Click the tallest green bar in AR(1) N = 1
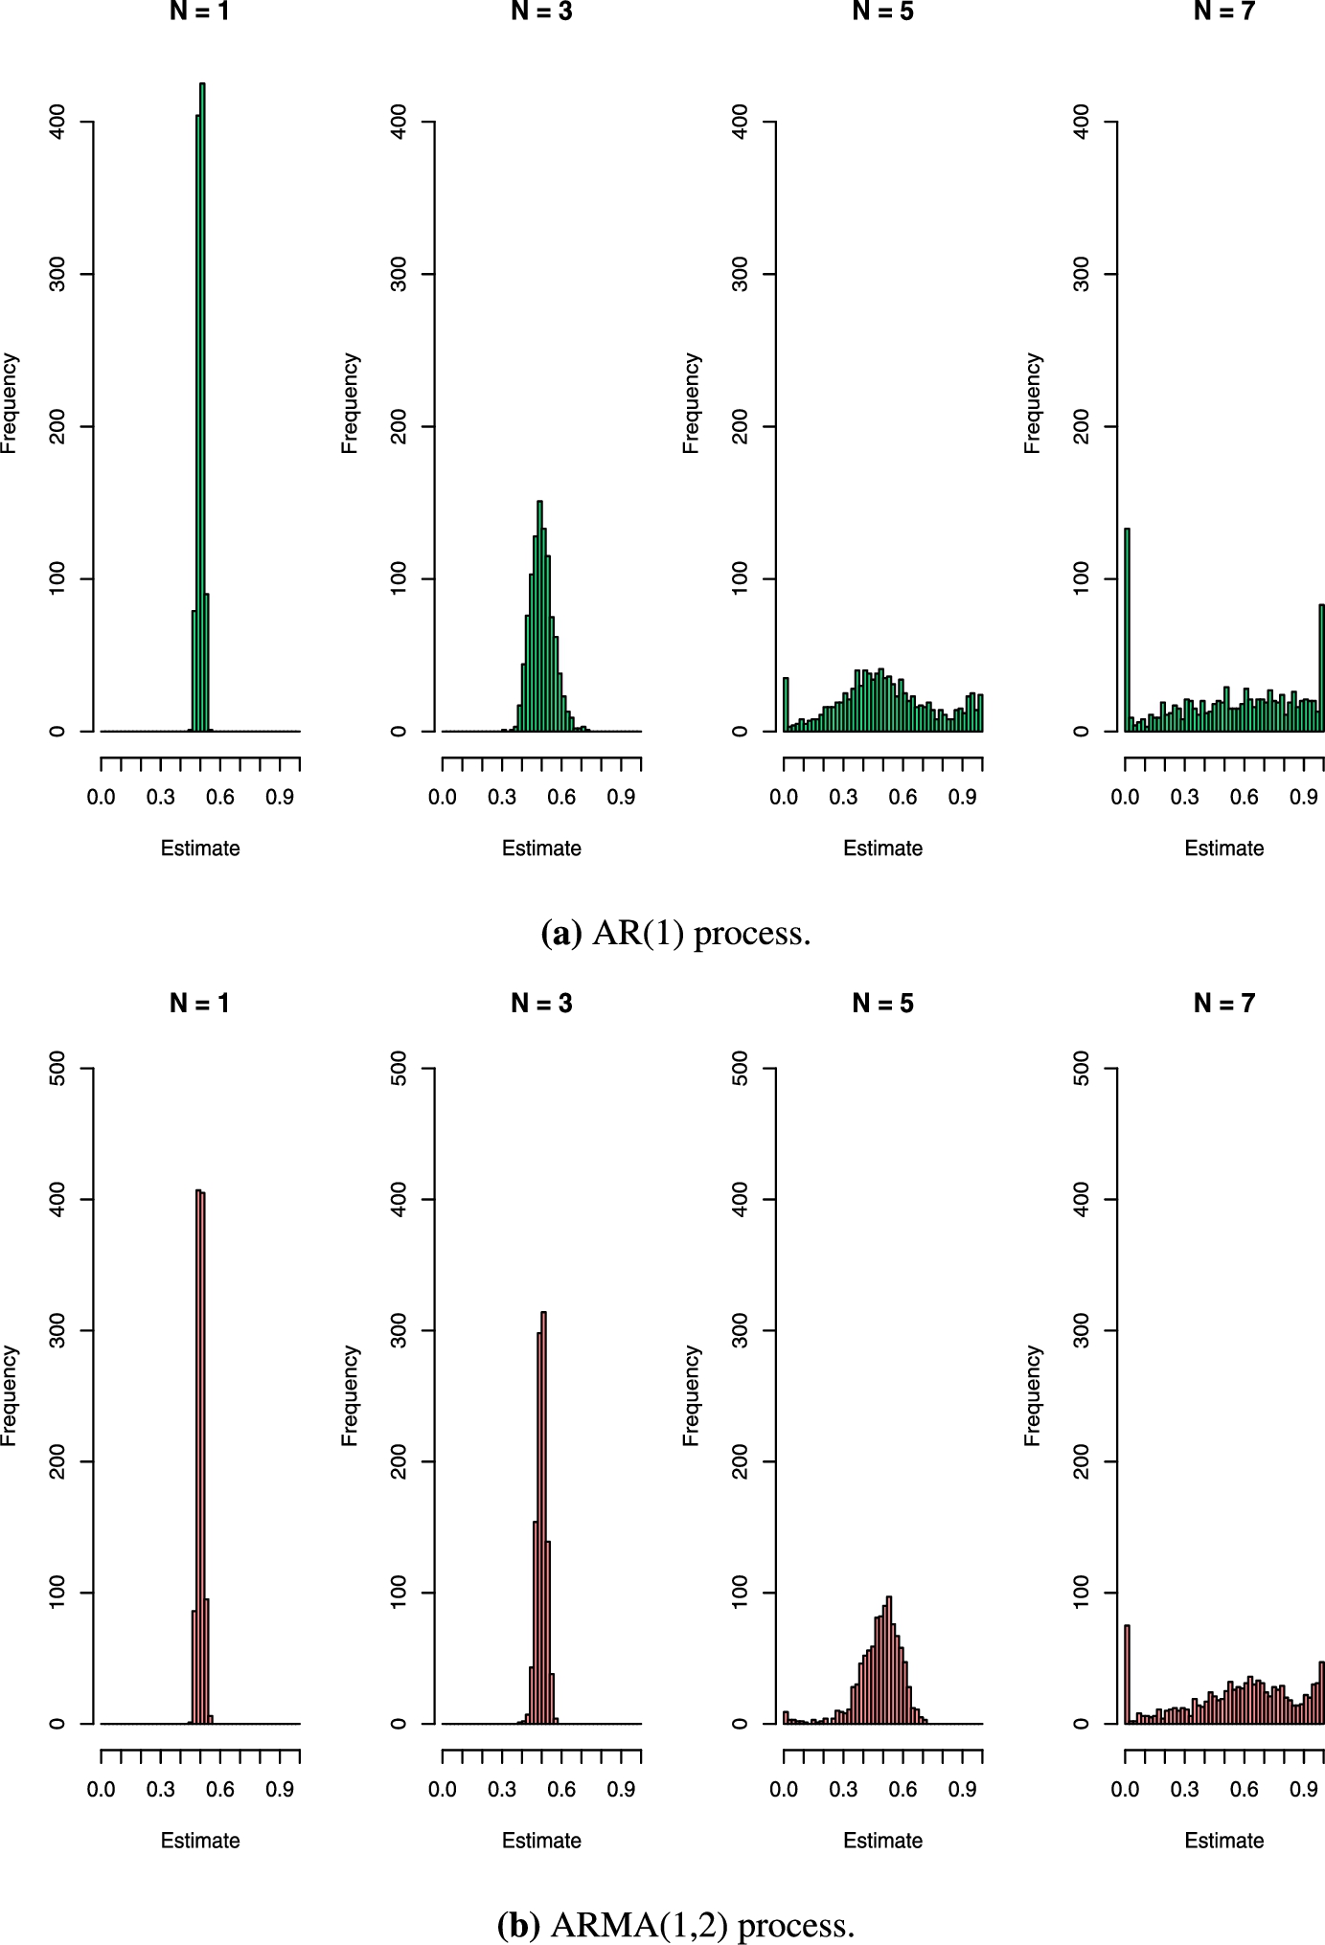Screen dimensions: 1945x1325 [x=202, y=407]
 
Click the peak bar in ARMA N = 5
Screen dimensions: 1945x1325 [x=889, y=1661]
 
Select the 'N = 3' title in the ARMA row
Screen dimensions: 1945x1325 [x=541, y=1003]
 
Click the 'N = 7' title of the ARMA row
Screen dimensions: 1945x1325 [x=1223, y=1003]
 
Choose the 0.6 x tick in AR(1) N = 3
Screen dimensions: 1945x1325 [x=561, y=797]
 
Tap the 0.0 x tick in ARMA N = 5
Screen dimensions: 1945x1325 [x=784, y=1789]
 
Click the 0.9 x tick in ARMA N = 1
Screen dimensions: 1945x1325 [x=281, y=1789]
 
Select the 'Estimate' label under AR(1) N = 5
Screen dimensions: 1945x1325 [x=882, y=848]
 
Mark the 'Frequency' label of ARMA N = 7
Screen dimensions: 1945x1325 [x=1033, y=1395]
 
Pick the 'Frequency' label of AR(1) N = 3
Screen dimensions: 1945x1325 [x=350, y=403]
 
